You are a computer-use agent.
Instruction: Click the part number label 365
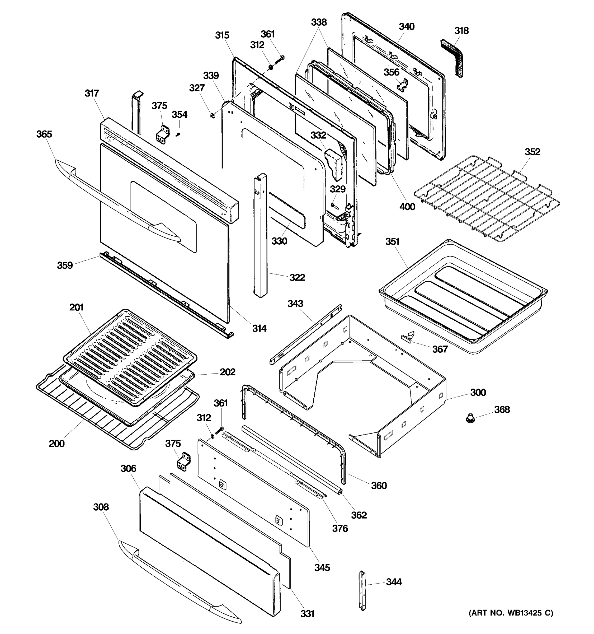pos(44,134)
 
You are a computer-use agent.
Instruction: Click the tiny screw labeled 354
pos(178,134)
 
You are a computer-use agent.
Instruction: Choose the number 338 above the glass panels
pos(319,22)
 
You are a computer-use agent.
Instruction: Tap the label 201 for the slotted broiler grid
pos(77,307)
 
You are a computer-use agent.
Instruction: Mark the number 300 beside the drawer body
pos(478,392)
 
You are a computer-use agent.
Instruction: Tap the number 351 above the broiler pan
pos(392,241)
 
